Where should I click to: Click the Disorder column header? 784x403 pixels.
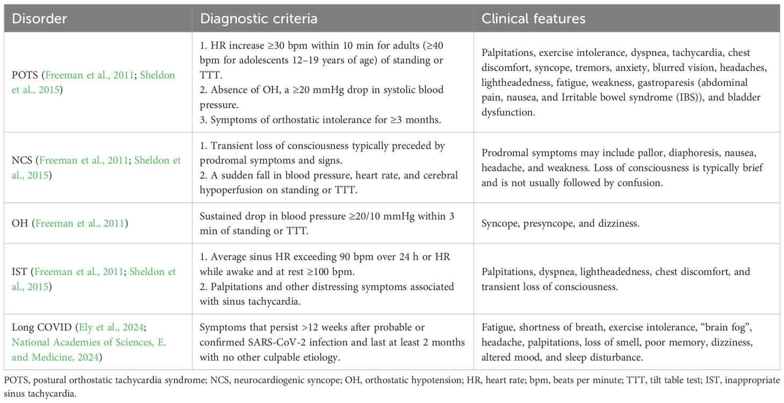[39, 19]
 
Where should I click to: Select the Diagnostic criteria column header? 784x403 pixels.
[258, 19]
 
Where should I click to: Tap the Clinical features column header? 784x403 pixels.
[533, 19]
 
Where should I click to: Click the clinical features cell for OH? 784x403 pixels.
[560, 222]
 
